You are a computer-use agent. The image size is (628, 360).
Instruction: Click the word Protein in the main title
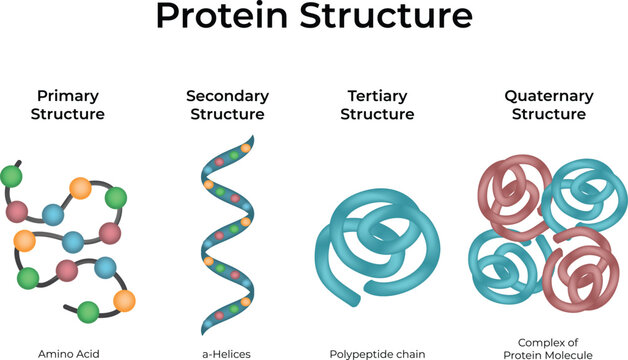[x=219, y=19]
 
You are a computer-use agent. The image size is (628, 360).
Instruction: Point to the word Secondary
[x=227, y=96]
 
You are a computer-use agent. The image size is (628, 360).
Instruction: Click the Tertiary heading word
[x=377, y=96]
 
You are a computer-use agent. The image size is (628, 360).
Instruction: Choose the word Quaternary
[x=548, y=96]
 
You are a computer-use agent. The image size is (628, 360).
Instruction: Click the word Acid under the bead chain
[x=88, y=353]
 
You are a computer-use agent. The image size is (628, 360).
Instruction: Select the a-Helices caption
[x=226, y=353]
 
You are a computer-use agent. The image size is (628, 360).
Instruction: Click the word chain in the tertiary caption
[x=410, y=353]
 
